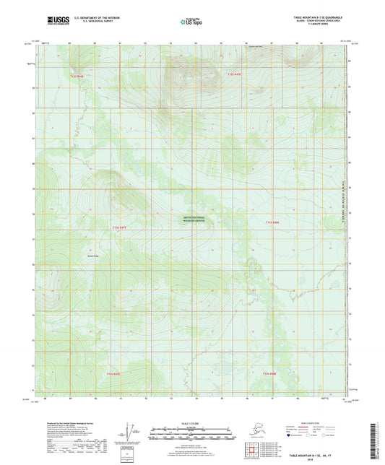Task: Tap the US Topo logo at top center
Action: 192,22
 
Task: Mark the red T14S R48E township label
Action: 270,373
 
